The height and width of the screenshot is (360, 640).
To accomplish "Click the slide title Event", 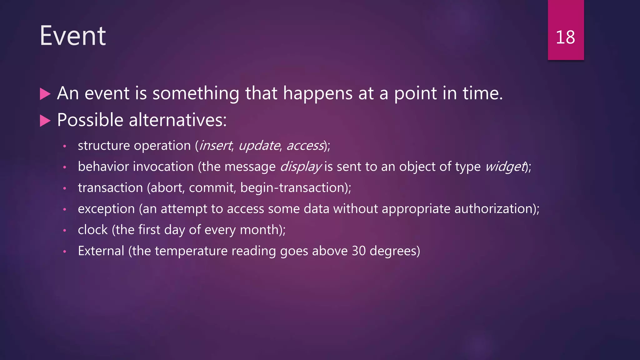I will (x=73, y=36).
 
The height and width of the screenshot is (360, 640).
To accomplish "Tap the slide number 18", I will (x=565, y=37).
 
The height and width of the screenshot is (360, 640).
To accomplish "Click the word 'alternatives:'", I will (x=177, y=120).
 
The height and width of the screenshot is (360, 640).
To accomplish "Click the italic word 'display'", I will (x=301, y=167).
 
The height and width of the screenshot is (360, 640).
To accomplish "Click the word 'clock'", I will (x=93, y=230).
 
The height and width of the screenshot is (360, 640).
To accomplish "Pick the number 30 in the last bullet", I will (x=359, y=251).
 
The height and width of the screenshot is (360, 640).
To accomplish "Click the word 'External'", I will (x=101, y=251).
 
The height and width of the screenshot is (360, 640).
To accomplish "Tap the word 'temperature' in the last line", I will (x=191, y=251).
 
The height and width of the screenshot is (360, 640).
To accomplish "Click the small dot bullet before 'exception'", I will (x=65, y=209).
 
